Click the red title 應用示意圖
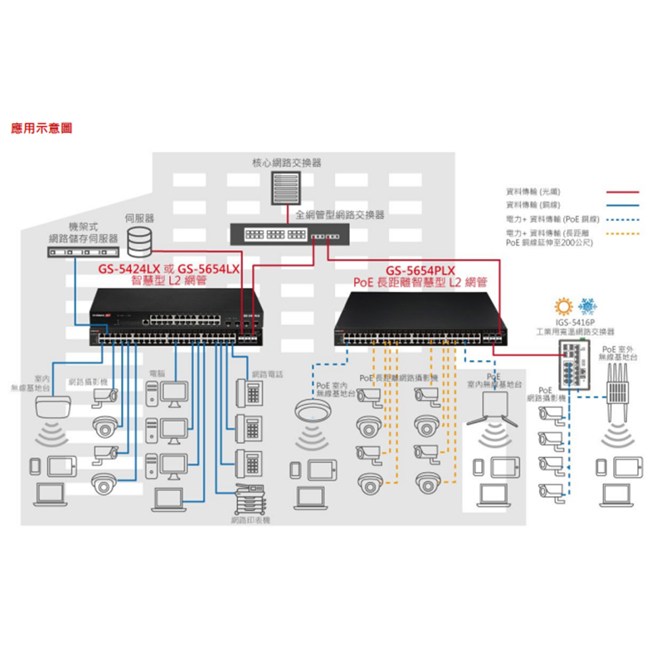click(x=41, y=128)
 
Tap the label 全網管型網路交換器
click(x=340, y=215)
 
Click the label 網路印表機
click(x=251, y=520)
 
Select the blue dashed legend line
click(x=622, y=218)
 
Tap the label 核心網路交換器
click(x=287, y=163)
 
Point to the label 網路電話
click(x=268, y=374)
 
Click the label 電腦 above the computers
click(x=157, y=374)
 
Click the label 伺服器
click(x=139, y=218)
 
